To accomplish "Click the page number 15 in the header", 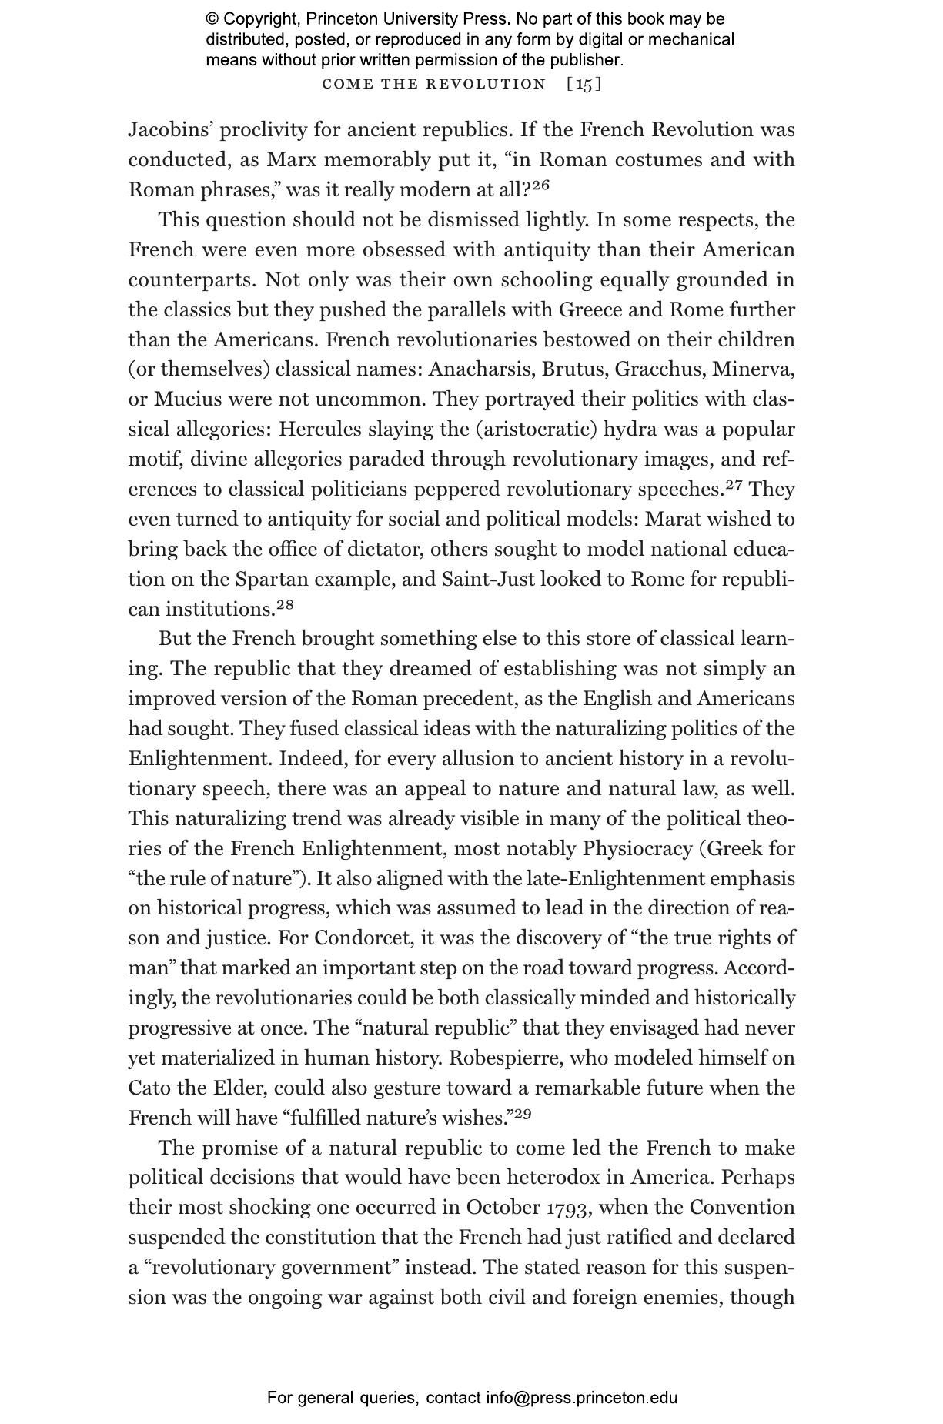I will [584, 84].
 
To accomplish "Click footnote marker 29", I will [523, 1113].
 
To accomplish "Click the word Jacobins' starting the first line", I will [169, 130].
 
